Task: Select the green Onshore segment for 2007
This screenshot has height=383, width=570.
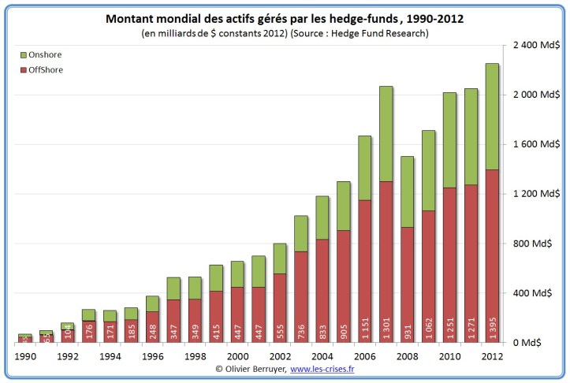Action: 386,134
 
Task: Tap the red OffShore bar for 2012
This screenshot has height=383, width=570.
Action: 493,252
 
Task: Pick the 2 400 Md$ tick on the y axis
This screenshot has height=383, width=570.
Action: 535,45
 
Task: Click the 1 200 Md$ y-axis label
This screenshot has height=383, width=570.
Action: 535,194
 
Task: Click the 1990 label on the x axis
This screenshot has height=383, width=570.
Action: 25,355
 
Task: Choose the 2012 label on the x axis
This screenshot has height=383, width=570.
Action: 493,355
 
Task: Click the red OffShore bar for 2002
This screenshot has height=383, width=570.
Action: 280,308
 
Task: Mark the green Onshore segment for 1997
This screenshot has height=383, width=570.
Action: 173,288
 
